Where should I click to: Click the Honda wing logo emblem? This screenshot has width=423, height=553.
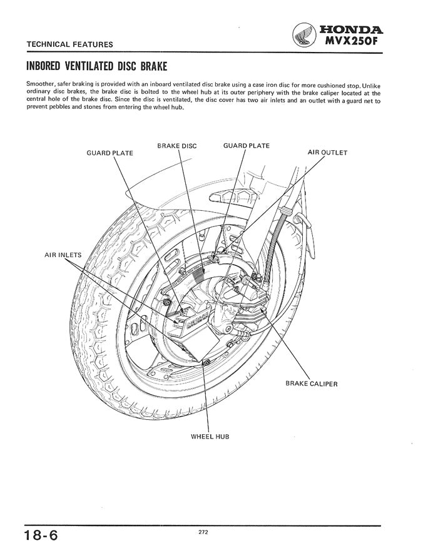point(305,36)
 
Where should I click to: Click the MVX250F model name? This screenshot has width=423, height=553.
point(352,42)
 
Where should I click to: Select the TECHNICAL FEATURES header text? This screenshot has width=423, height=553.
point(69,44)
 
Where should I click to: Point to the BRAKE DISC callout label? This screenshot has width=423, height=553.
point(177,146)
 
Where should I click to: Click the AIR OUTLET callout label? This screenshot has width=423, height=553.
point(327,152)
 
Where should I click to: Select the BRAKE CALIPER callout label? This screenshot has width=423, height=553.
point(311,383)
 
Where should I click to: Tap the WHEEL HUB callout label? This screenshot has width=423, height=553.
point(210,436)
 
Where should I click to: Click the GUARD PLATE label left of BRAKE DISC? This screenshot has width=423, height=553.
point(110,153)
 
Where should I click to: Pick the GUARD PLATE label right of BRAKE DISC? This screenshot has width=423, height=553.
point(247,146)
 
